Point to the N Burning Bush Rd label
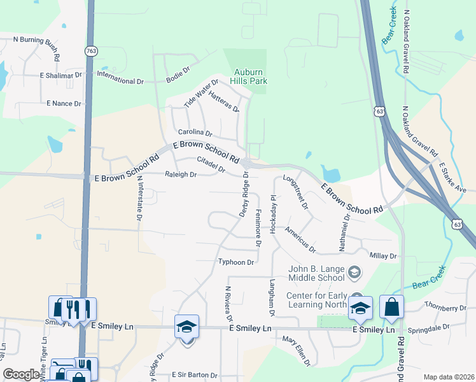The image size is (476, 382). click(36, 43)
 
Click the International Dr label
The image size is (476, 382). click(120, 81)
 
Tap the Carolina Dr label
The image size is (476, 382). click(194, 132)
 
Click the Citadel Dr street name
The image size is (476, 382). click(211, 164)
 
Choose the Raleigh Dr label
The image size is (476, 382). click(181, 174)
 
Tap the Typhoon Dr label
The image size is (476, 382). click(236, 262)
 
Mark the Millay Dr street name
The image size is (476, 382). click(383, 255)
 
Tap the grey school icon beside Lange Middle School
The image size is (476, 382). click(354, 274)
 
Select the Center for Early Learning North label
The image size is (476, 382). click(316, 299)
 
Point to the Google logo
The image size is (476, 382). click(21, 374)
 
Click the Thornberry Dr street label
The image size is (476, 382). click(445, 308)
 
